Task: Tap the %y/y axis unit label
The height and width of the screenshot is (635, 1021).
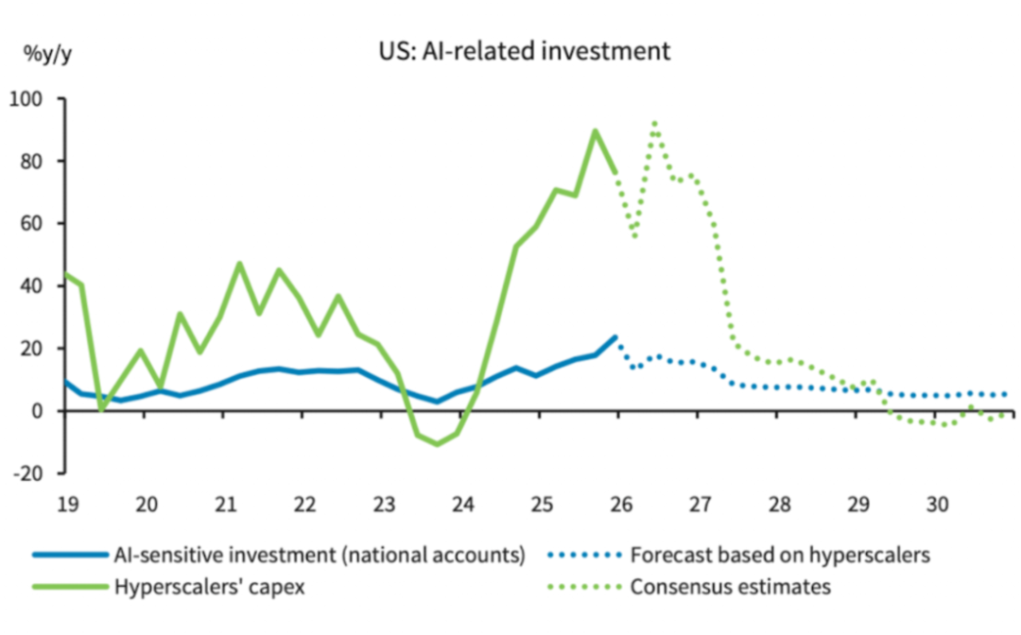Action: coord(47,52)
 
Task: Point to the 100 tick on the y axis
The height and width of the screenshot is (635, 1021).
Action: coord(35,98)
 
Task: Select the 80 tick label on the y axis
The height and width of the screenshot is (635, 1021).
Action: coord(39,161)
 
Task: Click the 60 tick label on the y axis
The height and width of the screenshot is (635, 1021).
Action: coord(39,223)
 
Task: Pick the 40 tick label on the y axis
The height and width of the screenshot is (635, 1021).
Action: coord(39,285)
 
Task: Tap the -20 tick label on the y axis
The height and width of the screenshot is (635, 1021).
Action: coord(35,472)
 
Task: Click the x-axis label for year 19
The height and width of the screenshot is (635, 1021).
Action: coord(65,504)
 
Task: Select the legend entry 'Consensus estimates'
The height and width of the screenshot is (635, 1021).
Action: coord(730,587)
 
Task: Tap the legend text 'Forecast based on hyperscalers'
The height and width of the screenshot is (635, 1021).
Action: coord(779,556)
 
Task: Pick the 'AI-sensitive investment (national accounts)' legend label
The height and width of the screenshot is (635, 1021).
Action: coord(319,556)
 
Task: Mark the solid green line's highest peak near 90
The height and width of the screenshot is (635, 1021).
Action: coord(596,130)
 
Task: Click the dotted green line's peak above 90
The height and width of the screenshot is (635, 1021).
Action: coord(654,123)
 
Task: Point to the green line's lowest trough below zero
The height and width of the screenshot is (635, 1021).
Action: coord(437,444)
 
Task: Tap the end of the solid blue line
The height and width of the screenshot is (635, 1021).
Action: coord(616,336)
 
